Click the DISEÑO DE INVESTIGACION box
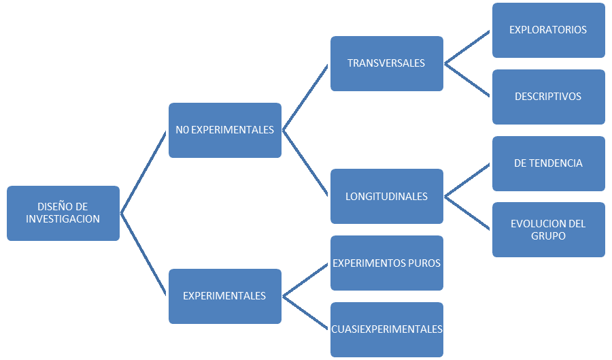point(63,212)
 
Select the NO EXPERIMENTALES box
point(224,130)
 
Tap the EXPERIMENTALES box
point(224,296)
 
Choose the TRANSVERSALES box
point(386,63)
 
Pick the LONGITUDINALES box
point(386,197)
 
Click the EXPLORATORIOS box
point(548,30)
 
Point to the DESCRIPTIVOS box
point(548,97)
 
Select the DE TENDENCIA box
point(548,163)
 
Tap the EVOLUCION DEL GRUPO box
point(548,229)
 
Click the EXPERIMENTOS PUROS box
point(386,263)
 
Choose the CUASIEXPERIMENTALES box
point(386,329)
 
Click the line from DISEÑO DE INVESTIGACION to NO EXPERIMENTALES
point(144,171)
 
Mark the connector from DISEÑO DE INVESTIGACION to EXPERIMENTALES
point(144,255)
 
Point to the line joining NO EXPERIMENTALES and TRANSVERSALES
point(306,97)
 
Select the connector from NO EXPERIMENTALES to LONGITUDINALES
point(306,163)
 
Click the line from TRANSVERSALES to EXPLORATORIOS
point(468,47)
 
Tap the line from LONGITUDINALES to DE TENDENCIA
point(468,180)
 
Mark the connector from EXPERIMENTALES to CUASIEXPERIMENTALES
point(306,313)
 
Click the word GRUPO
point(548,236)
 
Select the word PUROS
point(422,263)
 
